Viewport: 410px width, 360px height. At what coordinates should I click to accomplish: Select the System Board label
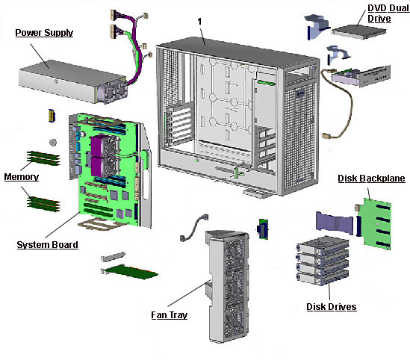(47, 244)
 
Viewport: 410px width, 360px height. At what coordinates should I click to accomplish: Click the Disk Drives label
(331, 307)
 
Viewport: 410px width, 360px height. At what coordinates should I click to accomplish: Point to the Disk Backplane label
(370, 179)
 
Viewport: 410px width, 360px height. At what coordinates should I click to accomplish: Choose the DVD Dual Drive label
(388, 13)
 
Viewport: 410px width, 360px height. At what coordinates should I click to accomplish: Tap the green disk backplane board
(376, 217)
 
